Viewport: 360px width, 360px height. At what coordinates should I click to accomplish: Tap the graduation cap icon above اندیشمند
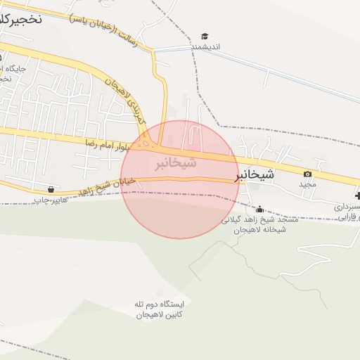pos(205,36)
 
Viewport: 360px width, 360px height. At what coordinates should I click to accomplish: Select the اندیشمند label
pos(206,46)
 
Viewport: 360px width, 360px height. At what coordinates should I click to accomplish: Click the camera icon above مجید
pos(307,174)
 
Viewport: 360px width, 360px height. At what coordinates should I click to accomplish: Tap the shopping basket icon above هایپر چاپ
pos(51,189)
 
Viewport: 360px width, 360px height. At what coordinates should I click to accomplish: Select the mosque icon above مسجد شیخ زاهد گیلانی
pos(259,209)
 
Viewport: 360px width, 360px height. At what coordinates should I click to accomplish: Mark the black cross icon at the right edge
pos(357,195)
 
